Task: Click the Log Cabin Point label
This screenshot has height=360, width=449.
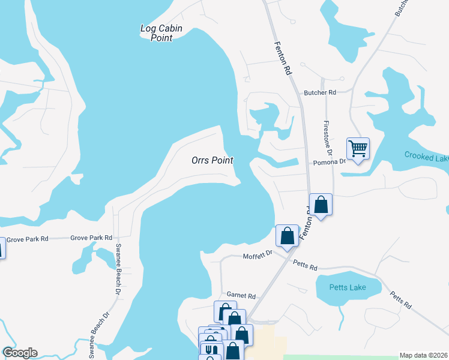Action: [x=161, y=33]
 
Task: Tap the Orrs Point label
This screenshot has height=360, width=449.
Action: [x=212, y=160]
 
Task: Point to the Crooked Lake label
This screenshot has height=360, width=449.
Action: [x=426, y=157]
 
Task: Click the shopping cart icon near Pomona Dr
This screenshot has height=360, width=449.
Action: [x=358, y=148]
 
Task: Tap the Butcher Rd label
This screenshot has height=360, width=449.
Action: [x=320, y=92]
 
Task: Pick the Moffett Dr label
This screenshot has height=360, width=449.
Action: [x=258, y=256]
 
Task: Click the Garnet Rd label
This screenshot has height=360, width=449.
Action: [x=241, y=296]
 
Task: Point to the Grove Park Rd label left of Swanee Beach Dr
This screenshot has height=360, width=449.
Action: [x=91, y=238]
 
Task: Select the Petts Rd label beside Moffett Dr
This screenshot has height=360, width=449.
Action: [x=305, y=264]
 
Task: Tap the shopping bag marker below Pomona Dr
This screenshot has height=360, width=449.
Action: [x=321, y=205]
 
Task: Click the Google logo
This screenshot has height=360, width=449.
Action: [x=20, y=353]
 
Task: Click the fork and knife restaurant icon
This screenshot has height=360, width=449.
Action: [x=210, y=350]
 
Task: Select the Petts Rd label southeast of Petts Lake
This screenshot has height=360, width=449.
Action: [x=400, y=300]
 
